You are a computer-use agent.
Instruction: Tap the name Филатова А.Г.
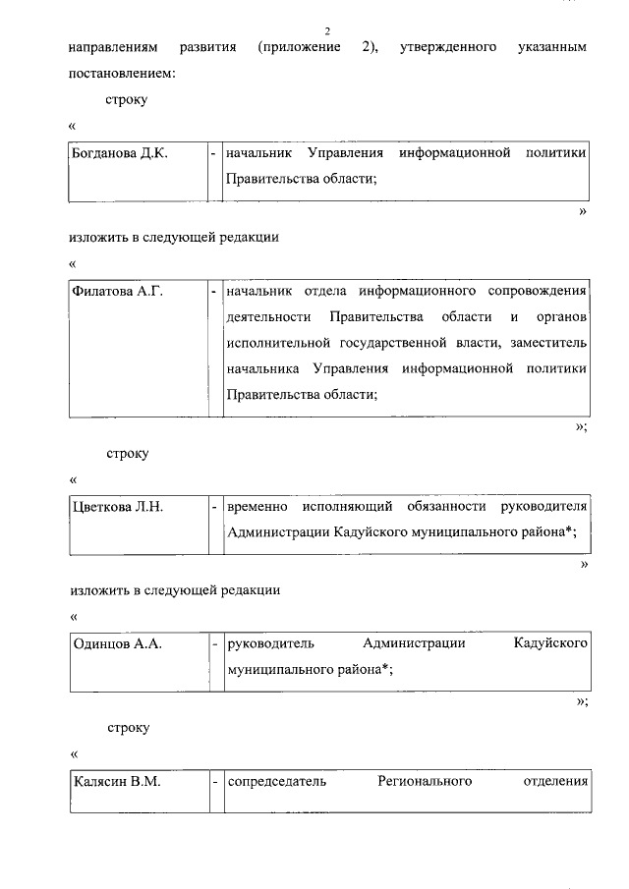coord(117,292)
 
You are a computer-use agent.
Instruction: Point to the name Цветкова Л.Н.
coord(119,507)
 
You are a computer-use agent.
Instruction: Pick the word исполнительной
coord(284,343)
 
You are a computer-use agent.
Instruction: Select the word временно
coord(257,507)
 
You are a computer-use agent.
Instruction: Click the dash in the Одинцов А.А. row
coord(214,643)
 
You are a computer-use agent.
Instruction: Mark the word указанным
coord(551,47)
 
